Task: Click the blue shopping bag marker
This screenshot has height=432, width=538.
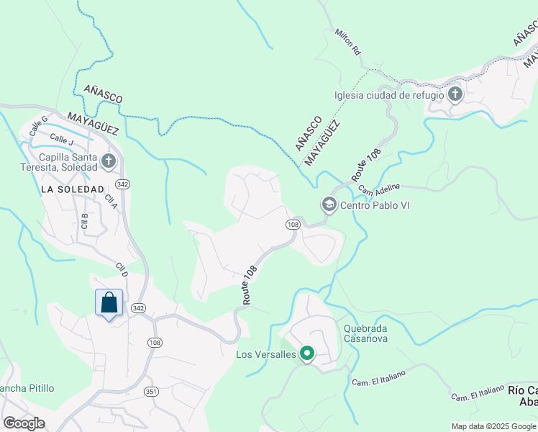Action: pyautogui.click(x=109, y=303)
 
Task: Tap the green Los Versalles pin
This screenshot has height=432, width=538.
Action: pyautogui.click(x=307, y=354)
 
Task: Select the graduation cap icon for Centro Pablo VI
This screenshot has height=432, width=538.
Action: pyautogui.click(x=329, y=205)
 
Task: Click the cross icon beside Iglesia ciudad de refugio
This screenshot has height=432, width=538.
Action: pyautogui.click(x=455, y=94)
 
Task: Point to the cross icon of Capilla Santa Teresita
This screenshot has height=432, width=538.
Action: pyautogui.click(x=109, y=161)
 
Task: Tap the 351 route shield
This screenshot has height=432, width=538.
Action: pyautogui.click(x=151, y=392)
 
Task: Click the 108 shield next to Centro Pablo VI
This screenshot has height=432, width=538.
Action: pyautogui.click(x=293, y=225)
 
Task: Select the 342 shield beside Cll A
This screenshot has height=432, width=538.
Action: pyautogui.click(x=122, y=184)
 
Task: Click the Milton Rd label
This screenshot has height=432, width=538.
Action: pyautogui.click(x=346, y=42)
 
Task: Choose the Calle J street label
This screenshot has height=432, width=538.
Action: pyautogui.click(x=62, y=139)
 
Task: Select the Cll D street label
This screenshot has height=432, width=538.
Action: pyautogui.click(x=122, y=270)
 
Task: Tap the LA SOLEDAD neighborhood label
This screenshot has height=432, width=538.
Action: pyautogui.click(x=73, y=189)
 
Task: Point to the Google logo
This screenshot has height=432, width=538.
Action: pyautogui.click(x=24, y=423)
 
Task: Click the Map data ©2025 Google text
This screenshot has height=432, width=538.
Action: pyautogui.click(x=493, y=426)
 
